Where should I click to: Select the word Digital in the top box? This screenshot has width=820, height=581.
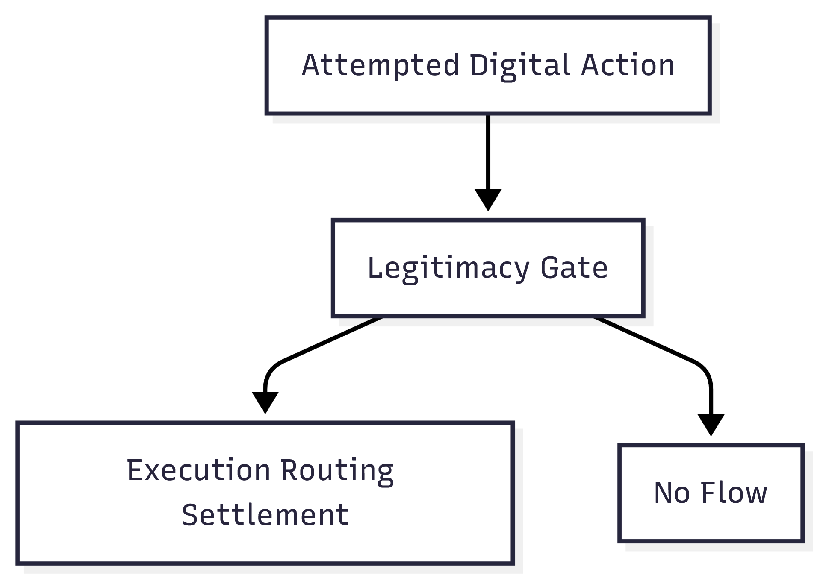[520, 65]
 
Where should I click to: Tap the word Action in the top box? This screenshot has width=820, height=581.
[627, 65]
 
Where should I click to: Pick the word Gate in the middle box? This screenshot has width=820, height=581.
[574, 268]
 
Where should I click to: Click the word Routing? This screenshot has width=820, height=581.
[337, 470]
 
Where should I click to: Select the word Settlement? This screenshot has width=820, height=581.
[265, 515]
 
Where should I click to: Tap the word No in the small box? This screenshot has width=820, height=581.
[672, 493]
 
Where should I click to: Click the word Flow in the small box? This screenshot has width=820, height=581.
[734, 493]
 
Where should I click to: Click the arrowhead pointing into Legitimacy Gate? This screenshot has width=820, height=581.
[488, 200]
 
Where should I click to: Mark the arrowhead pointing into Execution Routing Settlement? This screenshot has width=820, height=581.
[265, 402]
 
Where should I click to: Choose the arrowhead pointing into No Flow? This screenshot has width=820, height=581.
[711, 424]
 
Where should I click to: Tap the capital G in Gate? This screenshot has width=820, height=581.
[551, 268]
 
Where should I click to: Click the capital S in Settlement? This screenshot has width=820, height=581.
[189, 515]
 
